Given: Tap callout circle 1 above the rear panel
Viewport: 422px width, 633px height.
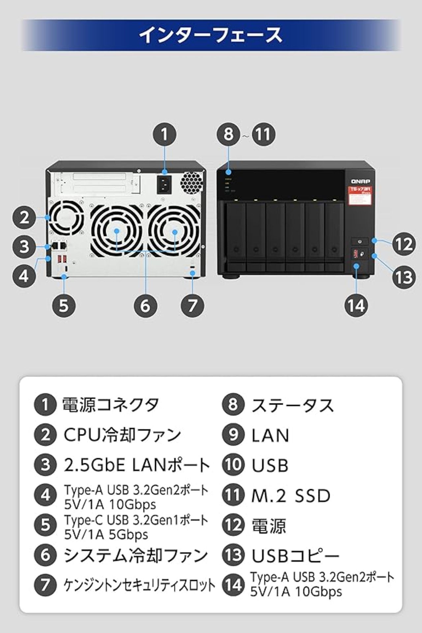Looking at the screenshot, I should pyautogui.click(x=165, y=134).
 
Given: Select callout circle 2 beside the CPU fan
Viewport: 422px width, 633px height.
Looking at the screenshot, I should pyautogui.click(x=24, y=218).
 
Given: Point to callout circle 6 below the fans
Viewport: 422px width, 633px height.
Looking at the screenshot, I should pyautogui.click(x=145, y=306).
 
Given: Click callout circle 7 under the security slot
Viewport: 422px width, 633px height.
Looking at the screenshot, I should pyautogui.click(x=193, y=306).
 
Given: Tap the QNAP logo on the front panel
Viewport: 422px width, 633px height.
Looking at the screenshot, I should pyautogui.click(x=360, y=181).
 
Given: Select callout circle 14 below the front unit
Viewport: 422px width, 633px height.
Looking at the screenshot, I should pyautogui.click(x=356, y=306).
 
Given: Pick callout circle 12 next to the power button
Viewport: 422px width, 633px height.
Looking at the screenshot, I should pyautogui.click(x=404, y=244).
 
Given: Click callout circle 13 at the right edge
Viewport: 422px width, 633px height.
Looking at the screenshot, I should pyautogui.click(x=404, y=277).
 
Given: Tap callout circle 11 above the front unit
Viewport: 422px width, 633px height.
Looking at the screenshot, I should pyautogui.click(x=263, y=134).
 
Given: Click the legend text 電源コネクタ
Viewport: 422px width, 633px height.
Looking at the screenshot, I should pyautogui.click(x=111, y=405).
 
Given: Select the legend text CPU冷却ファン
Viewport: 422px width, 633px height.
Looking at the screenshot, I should pyautogui.click(x=122, y=435).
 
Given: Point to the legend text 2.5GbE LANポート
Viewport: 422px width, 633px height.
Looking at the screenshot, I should pyautogui.click(x=137, y=465).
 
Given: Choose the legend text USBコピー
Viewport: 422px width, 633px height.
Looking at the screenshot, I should pyautogui.click(x=295, y=556).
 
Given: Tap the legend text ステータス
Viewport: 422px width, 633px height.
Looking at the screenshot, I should pyautogui.click(x=293, y=405).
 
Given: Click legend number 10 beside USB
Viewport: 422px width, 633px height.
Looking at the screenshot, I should pyautogui.click(x=233, y=465).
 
